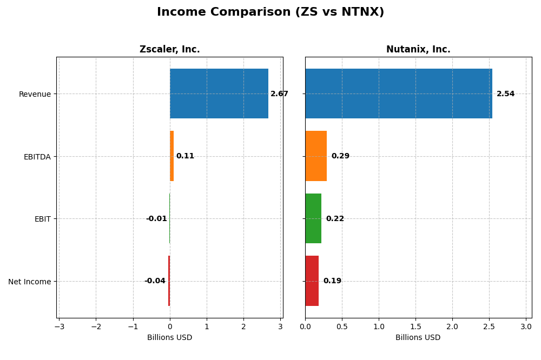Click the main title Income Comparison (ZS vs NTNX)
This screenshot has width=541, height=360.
[270, 12]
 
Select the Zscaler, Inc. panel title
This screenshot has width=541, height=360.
[169, 49]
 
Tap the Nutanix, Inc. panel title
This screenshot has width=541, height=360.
[418, 49]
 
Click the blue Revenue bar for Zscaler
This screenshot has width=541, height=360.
[219, 94]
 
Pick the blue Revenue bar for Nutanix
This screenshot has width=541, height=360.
[399, 94]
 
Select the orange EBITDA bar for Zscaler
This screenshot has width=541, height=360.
[172, 156]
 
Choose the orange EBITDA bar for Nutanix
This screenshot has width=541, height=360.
[316, 156]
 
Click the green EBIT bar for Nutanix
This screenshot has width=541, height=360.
[313, 218]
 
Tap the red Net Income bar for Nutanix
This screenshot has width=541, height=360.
[312, 281]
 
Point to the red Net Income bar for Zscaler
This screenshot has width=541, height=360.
[169, 281]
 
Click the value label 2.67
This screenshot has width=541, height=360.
[279, 94]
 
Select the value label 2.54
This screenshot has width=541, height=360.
[505, 94]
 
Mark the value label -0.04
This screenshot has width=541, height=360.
[155, 281]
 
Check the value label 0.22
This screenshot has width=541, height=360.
[335, 219]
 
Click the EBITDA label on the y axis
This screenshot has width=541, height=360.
[37, 157]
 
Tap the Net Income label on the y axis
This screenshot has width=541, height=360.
[30, 282]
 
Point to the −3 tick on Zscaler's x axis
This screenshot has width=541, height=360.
[59, 327]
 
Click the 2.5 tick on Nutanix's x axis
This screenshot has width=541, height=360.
[489, 327]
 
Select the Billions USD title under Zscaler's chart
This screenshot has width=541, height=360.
[169, 338]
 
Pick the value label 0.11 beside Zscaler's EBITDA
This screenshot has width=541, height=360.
[185, 156]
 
